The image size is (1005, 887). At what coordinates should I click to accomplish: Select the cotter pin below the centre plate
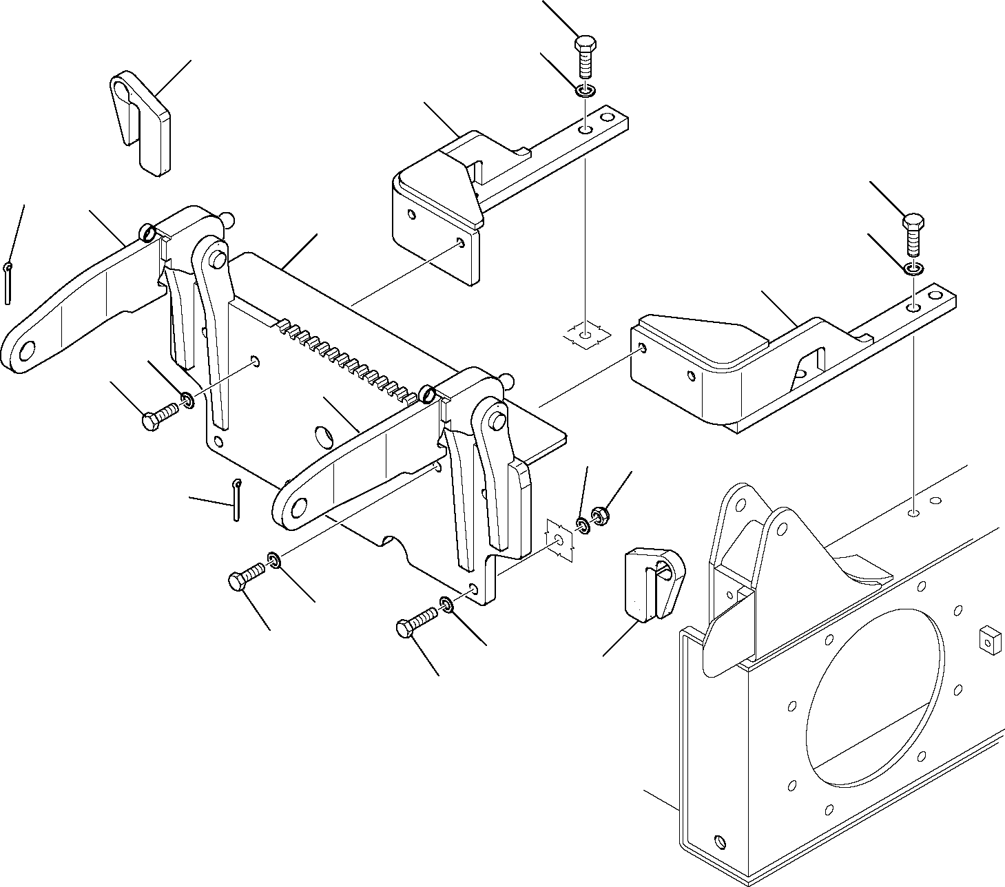point(236,499)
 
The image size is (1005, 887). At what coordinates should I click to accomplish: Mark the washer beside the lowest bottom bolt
point(446,605)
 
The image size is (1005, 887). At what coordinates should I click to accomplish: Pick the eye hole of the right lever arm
point(298,508)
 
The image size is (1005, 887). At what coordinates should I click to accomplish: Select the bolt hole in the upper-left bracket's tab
point(584,129)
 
